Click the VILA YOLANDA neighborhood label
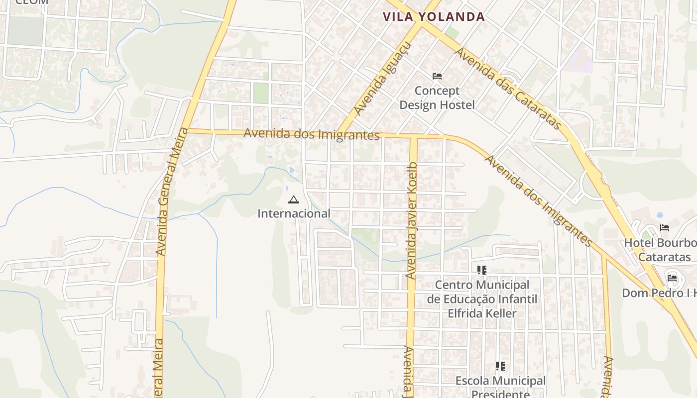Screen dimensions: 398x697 coord(434,16)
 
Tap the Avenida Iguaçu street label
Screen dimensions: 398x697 coord(382,79)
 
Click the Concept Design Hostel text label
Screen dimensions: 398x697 coord(437,98)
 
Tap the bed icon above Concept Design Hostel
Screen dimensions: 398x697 coord(437,76)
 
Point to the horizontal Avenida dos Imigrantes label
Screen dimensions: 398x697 coord(311,134)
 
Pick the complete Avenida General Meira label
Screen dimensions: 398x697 coord(167,192)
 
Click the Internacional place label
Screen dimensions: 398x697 coord(294,213)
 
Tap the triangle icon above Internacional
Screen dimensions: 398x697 coord(293,200)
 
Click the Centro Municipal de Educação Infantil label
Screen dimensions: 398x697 coord(481,299)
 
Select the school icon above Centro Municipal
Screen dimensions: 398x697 coord(481,270)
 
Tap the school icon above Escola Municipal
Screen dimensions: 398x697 coord(500,367)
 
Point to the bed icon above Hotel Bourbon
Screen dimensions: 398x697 coord(665,228)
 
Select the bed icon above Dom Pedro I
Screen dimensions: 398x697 coord(672,278)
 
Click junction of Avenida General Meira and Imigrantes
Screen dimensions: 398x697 coord(185,130)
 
